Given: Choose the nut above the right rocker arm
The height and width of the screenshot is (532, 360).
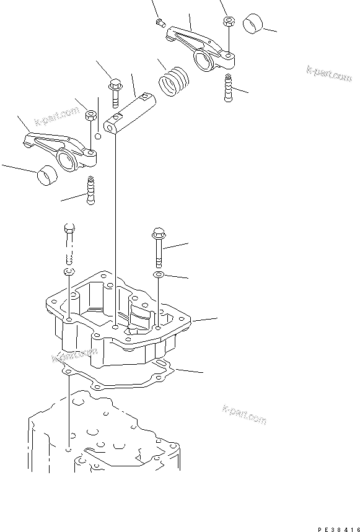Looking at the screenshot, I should pyautogui.click(x=228, y=21).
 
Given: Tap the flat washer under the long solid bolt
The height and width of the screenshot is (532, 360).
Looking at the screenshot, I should pyautogui.click(x=159, y=274).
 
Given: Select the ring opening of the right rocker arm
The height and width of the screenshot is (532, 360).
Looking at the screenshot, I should pyautogui.click(x=204, y=59).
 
